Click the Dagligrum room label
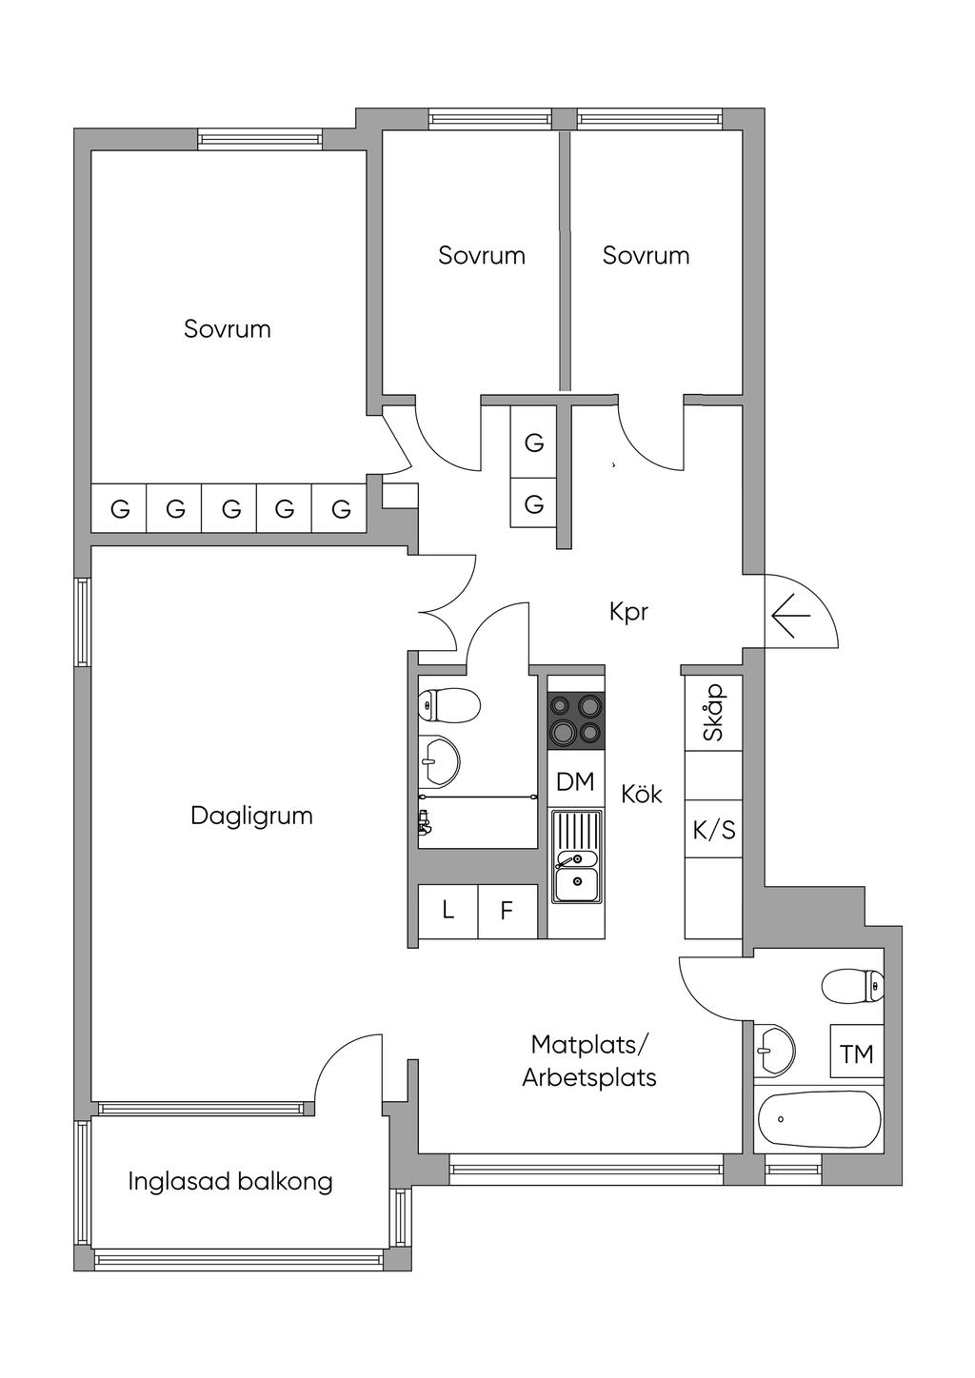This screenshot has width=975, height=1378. tap(251, 816)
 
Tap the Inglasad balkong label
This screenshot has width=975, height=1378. tap(230, 1181)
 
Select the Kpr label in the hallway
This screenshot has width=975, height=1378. tap(628, 611)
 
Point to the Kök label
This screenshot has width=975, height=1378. tap(641, 794)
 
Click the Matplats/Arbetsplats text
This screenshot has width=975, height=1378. tap(589, 1061)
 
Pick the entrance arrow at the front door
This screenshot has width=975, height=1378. tap(789, 617)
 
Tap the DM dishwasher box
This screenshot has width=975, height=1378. tap(575, 781)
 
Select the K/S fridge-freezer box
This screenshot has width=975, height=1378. tap(713, 830)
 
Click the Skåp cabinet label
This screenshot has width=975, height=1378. tap(713, 713)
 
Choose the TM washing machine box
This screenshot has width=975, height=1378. tap(856, 1053)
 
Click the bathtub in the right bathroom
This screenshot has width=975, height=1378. tap(819, 1119)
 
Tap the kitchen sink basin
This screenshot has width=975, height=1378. tap(577, 884)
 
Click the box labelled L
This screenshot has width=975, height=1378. tap(448, 911)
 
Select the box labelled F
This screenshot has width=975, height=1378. tap(507, 911)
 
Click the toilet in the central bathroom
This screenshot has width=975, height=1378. tap(448, 706)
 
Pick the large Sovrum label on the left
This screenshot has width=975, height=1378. tap(228, 329)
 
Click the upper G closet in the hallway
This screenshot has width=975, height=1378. tap(534, 443)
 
